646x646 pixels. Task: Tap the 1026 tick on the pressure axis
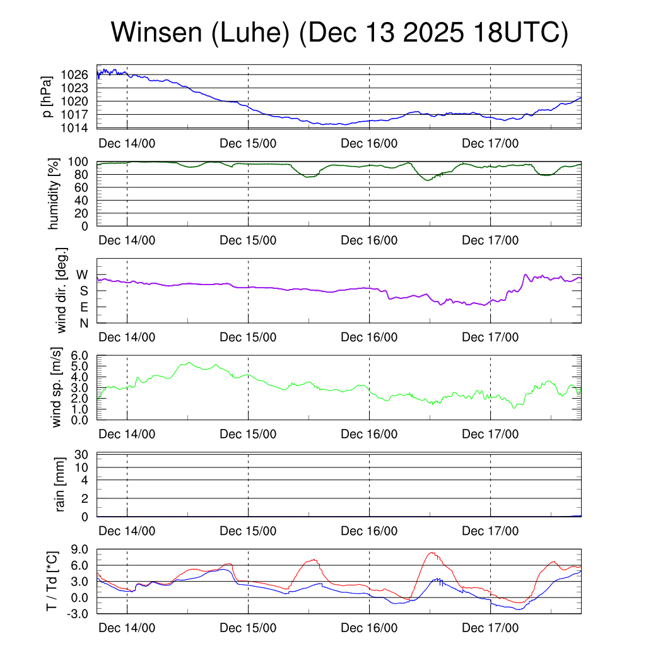75,74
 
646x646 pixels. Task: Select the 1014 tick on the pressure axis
75,128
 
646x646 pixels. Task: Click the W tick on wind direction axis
82,275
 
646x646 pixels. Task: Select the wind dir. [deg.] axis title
62,290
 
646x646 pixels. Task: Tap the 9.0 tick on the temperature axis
80,549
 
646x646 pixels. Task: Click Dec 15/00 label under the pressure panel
248,143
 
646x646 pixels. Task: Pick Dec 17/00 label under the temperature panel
490,628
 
